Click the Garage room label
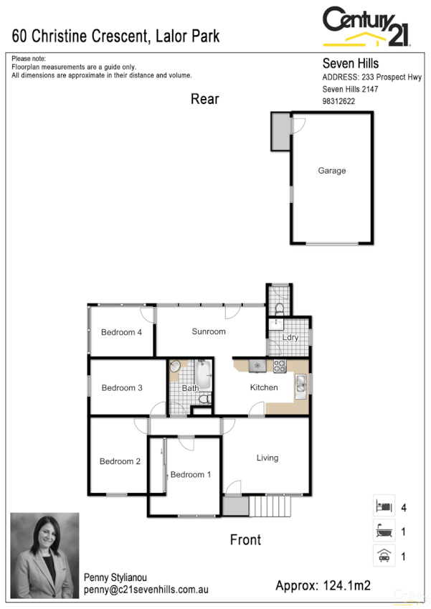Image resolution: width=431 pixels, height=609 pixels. pos(332,171)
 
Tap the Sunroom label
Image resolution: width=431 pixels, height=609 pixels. pos(209,331)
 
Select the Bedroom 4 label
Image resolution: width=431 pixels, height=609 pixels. pos(121,332)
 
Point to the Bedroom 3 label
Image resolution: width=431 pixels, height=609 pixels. pos(122,388)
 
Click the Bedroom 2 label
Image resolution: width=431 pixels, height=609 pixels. pos(120,461)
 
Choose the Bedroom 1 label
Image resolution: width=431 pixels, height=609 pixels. pos(191,474)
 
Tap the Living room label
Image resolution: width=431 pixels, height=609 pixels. pos(267,458)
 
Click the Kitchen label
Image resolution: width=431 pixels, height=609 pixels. pos(263,387)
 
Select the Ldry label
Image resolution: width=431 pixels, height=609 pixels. pos(290,337)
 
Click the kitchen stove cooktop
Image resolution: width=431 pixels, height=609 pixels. pos(280,367)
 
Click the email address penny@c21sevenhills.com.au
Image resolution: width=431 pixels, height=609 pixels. pos(146,589)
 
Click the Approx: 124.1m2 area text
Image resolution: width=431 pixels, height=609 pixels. pos(323,586)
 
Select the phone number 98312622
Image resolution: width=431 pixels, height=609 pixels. pos(338,102)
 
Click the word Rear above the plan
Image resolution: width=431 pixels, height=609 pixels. pos(204,99)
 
